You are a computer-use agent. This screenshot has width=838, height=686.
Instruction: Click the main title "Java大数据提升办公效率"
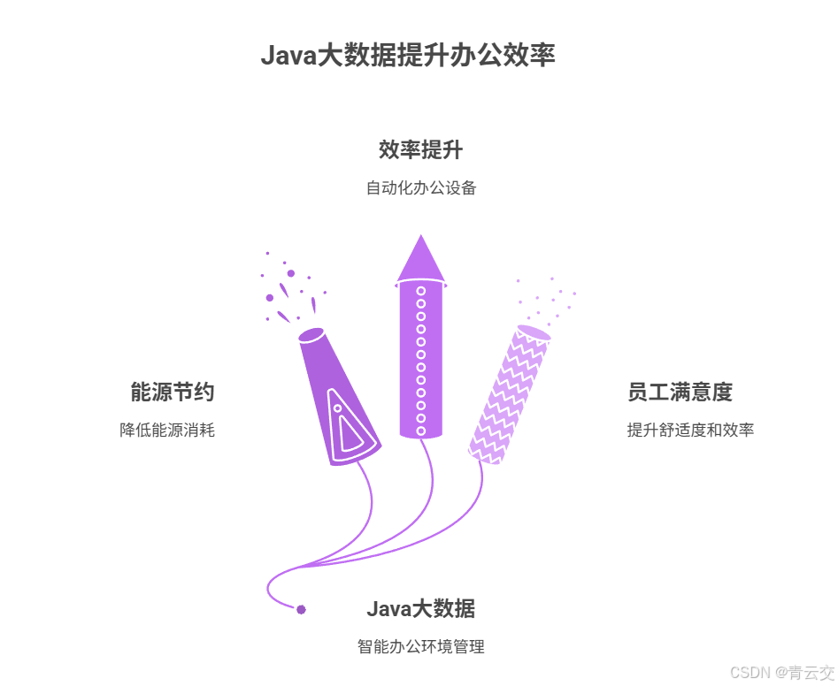pyautogui.click(x=408, y=56)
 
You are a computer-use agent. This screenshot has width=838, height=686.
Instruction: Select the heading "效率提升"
pyautogui.click(x=420, y=150)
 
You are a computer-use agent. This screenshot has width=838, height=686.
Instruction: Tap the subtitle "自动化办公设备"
pyautogui.click(x=420, y=188)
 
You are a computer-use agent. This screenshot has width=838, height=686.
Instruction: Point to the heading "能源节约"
pyautogui.click(x=172, y=392)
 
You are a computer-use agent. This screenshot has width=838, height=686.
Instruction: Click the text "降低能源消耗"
pyautogui.click(x=167, y=431)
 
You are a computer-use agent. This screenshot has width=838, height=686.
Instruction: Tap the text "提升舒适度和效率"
pyautogui.click(x=690, y=431)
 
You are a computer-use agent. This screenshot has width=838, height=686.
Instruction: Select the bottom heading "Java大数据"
pyautogui.click(x=420, y=609)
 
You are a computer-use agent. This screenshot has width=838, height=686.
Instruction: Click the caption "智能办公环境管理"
pyautogui.click(x=420, y=647)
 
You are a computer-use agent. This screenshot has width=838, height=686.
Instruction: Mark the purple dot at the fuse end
pyautogui.click(x=301, y=610)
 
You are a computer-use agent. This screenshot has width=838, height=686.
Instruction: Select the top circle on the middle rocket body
pyautogui.click(x=421, y=291)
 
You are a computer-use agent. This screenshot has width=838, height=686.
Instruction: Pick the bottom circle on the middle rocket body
pyautogui.click(x=421, y=431)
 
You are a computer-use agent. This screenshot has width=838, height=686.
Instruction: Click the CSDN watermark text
pyautogui.click(x=782, y=673)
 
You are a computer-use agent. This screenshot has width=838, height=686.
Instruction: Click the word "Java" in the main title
pyautogui.click(x=288, y=56)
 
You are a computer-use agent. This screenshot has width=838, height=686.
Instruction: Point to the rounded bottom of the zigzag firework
pyautogui.click(x=486, y=455)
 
